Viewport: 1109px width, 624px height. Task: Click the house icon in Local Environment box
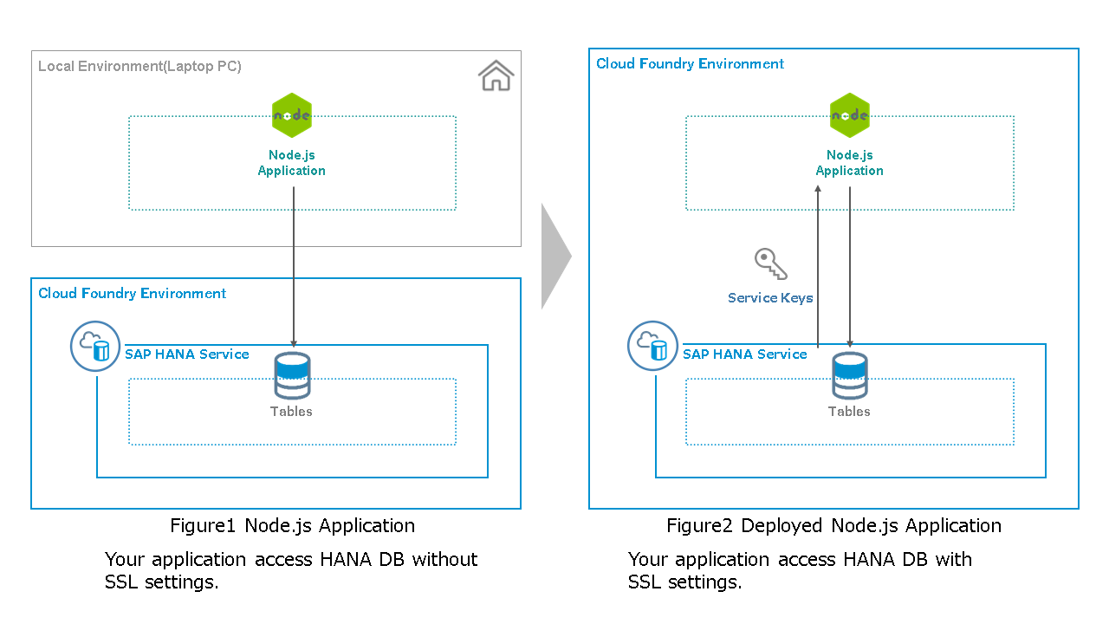click(496, 76)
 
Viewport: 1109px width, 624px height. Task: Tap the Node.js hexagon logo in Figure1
click(292, 115)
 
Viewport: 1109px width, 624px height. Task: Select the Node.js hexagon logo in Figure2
click(850, 115)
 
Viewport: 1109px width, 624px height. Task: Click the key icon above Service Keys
click(770, 263)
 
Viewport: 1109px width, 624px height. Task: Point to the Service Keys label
click(770, 298)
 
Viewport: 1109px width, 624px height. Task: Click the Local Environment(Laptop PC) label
click(139, 66)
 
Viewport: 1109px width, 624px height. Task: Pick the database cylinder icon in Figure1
click(292, 375)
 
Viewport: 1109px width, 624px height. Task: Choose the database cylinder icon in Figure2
click(850, 375)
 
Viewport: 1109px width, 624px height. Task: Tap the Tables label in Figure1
click(291, 412)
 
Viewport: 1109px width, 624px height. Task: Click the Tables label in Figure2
click(849, 412)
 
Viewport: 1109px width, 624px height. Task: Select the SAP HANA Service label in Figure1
click(187, 354)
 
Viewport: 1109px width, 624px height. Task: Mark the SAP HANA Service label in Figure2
click(745, 354)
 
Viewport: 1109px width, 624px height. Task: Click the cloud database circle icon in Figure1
click(94, 347)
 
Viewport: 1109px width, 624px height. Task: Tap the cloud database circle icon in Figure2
click(652, 347)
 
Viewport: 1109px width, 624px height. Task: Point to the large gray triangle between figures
click(555, 257)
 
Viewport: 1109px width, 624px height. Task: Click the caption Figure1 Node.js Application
click(292, 526)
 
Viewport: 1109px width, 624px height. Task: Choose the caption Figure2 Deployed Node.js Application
click(833, 526)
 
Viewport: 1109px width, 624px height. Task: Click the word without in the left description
click(444, 560)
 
